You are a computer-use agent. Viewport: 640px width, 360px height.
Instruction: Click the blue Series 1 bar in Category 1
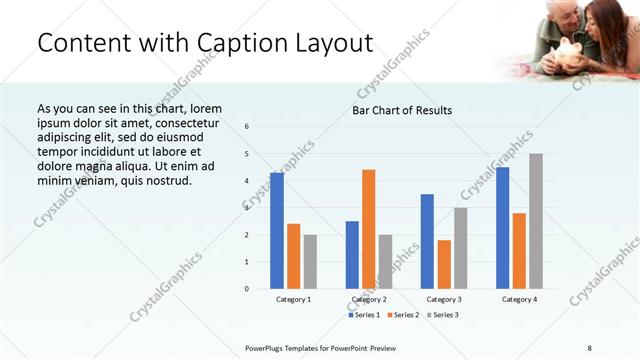(277, 231)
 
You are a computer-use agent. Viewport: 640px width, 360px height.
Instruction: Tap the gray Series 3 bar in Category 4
(536, 221)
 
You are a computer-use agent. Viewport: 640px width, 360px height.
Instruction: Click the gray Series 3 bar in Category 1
(310, 262)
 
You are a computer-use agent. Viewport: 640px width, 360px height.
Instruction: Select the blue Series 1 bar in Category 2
(352, 255)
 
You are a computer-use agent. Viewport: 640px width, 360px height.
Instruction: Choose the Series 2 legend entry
(403, 315)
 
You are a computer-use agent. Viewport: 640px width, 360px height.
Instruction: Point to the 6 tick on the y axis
(247, 127)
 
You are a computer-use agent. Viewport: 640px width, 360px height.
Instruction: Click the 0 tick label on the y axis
(247, 289)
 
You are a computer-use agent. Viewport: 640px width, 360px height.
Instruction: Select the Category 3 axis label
(444, 300)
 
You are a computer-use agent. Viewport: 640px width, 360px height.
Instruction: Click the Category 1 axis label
(293, 300)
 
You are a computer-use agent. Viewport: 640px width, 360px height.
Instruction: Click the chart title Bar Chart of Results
(401, 110)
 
